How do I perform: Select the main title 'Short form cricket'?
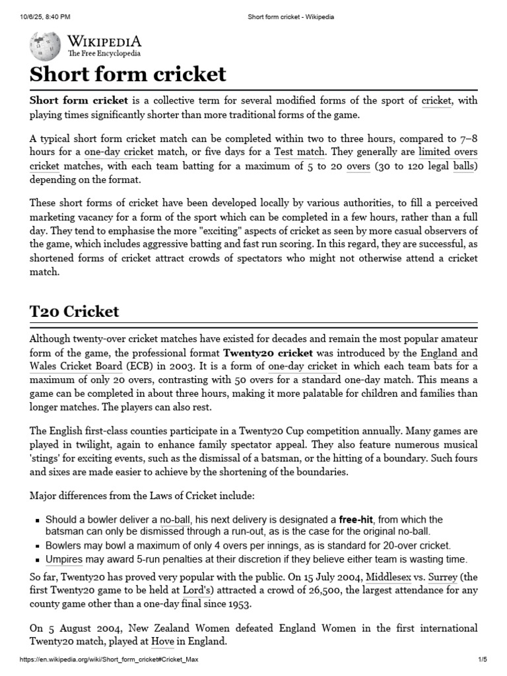128,74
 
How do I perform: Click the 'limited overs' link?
448,152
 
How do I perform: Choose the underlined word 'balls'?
463,166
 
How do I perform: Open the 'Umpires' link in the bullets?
64,559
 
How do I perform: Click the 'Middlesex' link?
391,576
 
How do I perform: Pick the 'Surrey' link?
442,576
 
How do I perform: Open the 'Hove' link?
162,640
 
